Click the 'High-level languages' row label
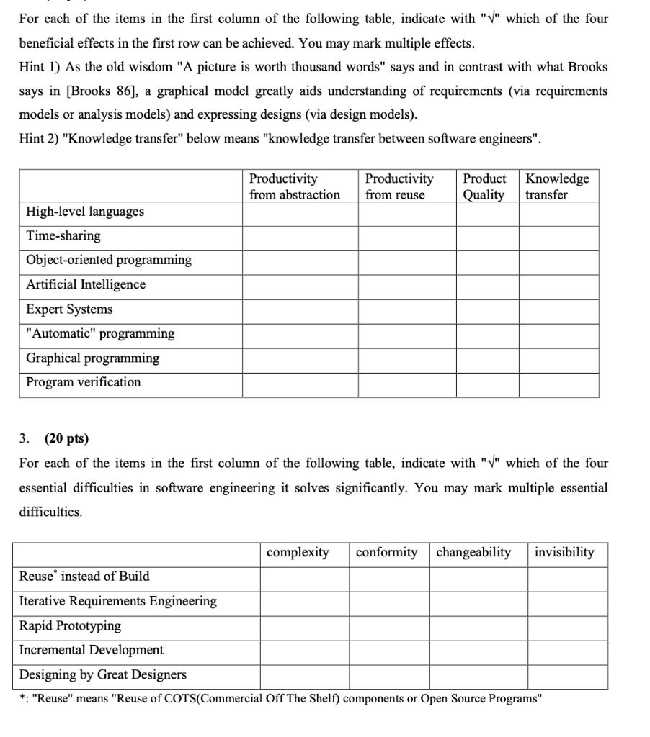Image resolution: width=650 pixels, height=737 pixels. (x=85, y=212)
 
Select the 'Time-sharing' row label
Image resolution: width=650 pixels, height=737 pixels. (x=63, y=236)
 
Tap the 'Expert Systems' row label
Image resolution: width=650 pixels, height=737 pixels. (x=69, y=309)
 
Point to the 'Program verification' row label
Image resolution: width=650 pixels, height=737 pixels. (x=84, y=383)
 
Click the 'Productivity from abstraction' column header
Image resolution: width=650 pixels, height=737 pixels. (x=295, y=186)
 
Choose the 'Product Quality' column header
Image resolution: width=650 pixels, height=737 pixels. (x=484, y=186)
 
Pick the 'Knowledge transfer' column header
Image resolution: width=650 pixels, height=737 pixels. (x=557, y=186)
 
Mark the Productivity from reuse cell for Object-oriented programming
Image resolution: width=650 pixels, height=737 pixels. (x=407, y=261)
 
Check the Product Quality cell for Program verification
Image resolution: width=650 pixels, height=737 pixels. (x=487, y=383)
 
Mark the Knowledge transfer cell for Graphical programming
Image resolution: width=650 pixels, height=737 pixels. (x=559, y=358)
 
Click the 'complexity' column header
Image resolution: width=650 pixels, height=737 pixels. (x=298, y=553)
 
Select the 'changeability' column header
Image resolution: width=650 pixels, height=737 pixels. (x=473, y=553)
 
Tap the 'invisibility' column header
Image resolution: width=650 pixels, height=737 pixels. (x=564, y=553)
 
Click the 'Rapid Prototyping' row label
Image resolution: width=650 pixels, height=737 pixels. (x=70, y=626)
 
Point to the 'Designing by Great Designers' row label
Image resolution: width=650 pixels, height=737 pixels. (x=103, y=675)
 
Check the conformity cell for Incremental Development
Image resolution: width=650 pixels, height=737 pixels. (x=390, y=651)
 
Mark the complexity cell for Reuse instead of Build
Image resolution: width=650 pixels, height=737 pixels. (x=304, y=577)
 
